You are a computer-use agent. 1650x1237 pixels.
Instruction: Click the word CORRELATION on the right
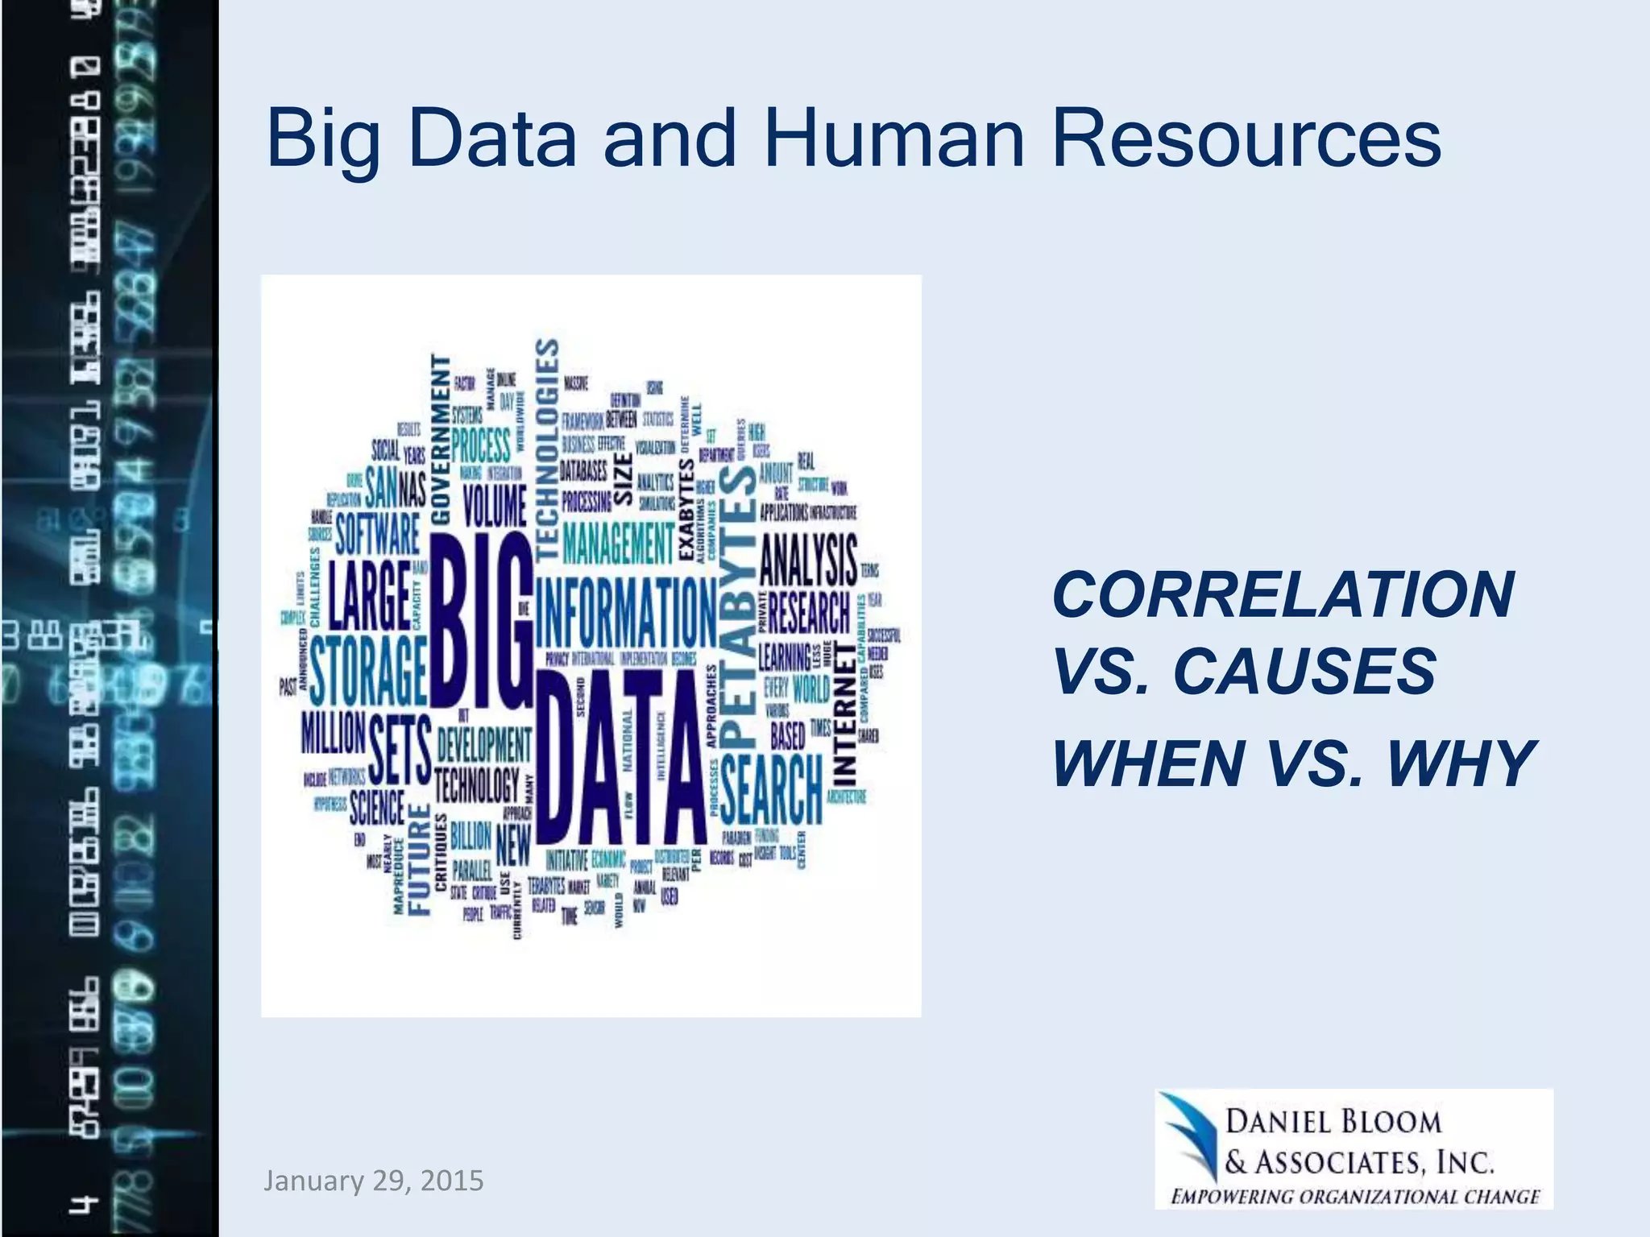click(1283, 596)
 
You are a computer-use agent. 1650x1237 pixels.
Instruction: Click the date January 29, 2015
click(373, 1181)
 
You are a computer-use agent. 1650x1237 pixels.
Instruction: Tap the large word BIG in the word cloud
click(481, 620)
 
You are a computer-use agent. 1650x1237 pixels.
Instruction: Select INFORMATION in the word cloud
click(625, 612)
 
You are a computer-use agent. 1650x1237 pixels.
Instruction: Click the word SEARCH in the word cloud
click(770, 789)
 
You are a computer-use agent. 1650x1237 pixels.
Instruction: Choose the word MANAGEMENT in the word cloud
click(618, 543)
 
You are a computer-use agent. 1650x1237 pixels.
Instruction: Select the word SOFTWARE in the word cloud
click(377, 533)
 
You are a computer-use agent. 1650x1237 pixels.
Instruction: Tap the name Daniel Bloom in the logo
click(1333, 1121)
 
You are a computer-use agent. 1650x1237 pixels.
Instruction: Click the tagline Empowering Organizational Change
click(1355, 1196)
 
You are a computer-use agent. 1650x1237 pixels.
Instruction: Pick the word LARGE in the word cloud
click(369, 596)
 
